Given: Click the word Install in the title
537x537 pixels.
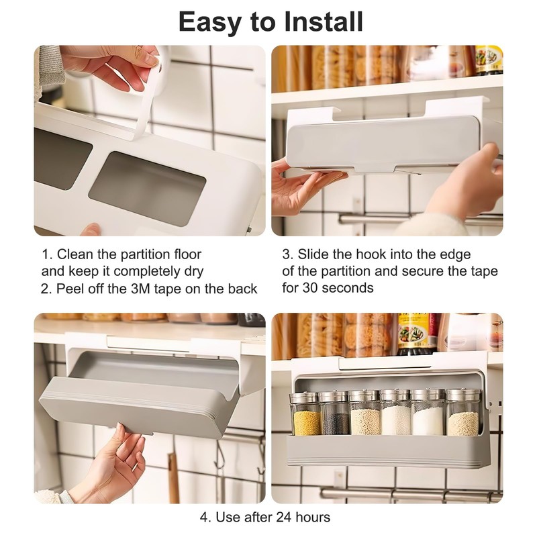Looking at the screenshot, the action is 324,21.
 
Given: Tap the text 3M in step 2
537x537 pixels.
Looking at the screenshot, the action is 140,289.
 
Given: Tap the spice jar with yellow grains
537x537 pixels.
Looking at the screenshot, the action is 305,414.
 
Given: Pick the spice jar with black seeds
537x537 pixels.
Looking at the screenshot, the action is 334,413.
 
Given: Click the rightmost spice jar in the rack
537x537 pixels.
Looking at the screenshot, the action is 462,412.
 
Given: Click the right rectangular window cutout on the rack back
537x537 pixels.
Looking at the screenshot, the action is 147,189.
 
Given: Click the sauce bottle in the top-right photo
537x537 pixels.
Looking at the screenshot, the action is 489,60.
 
